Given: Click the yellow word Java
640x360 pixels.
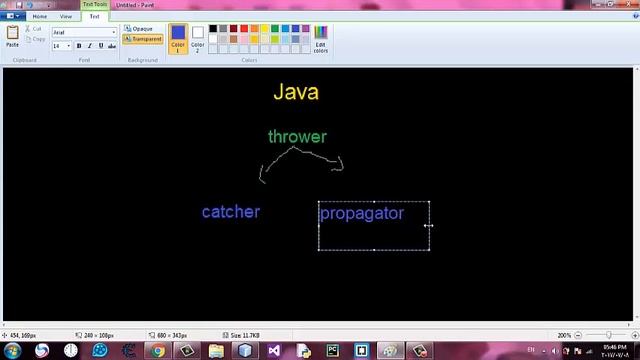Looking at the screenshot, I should point(296,92).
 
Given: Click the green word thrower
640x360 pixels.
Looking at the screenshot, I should point(297,137).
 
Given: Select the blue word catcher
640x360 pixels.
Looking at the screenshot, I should point(231,212).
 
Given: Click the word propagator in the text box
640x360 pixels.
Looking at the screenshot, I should point(362,213).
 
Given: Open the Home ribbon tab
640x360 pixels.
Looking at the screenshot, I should point(40,17).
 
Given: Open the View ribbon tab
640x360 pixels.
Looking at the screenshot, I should point(66,17).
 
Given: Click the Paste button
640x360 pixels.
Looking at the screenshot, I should point(12,37).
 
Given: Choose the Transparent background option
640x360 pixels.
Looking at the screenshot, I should point(144,39).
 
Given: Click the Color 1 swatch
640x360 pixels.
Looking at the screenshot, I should point(178,38).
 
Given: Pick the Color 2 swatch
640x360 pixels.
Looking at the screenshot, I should point(198,38).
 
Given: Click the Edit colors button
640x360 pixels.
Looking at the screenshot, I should point(320,39).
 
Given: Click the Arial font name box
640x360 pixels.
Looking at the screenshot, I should point(82,32).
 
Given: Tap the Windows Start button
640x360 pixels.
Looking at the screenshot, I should point(12,351).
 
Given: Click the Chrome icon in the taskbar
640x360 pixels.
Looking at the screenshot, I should point(158,351).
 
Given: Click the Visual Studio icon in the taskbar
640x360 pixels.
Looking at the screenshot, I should point(274,351).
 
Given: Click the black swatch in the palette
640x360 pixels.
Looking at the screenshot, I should point(213,29).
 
